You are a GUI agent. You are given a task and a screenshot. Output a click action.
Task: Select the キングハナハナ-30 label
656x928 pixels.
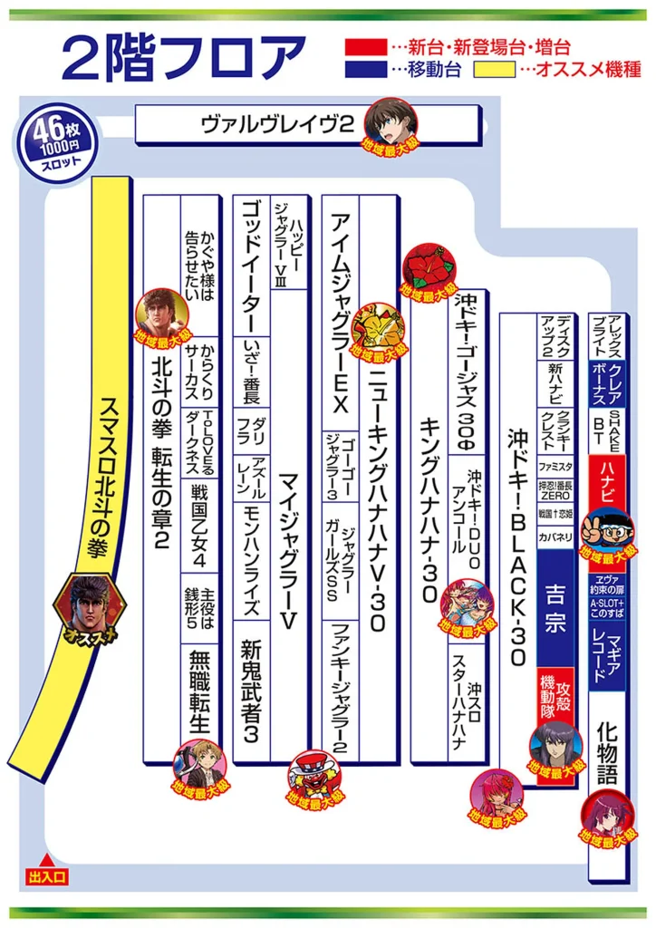[x=430, y=507]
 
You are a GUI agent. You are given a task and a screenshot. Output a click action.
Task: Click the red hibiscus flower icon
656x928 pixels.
[x=427, y=265]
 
